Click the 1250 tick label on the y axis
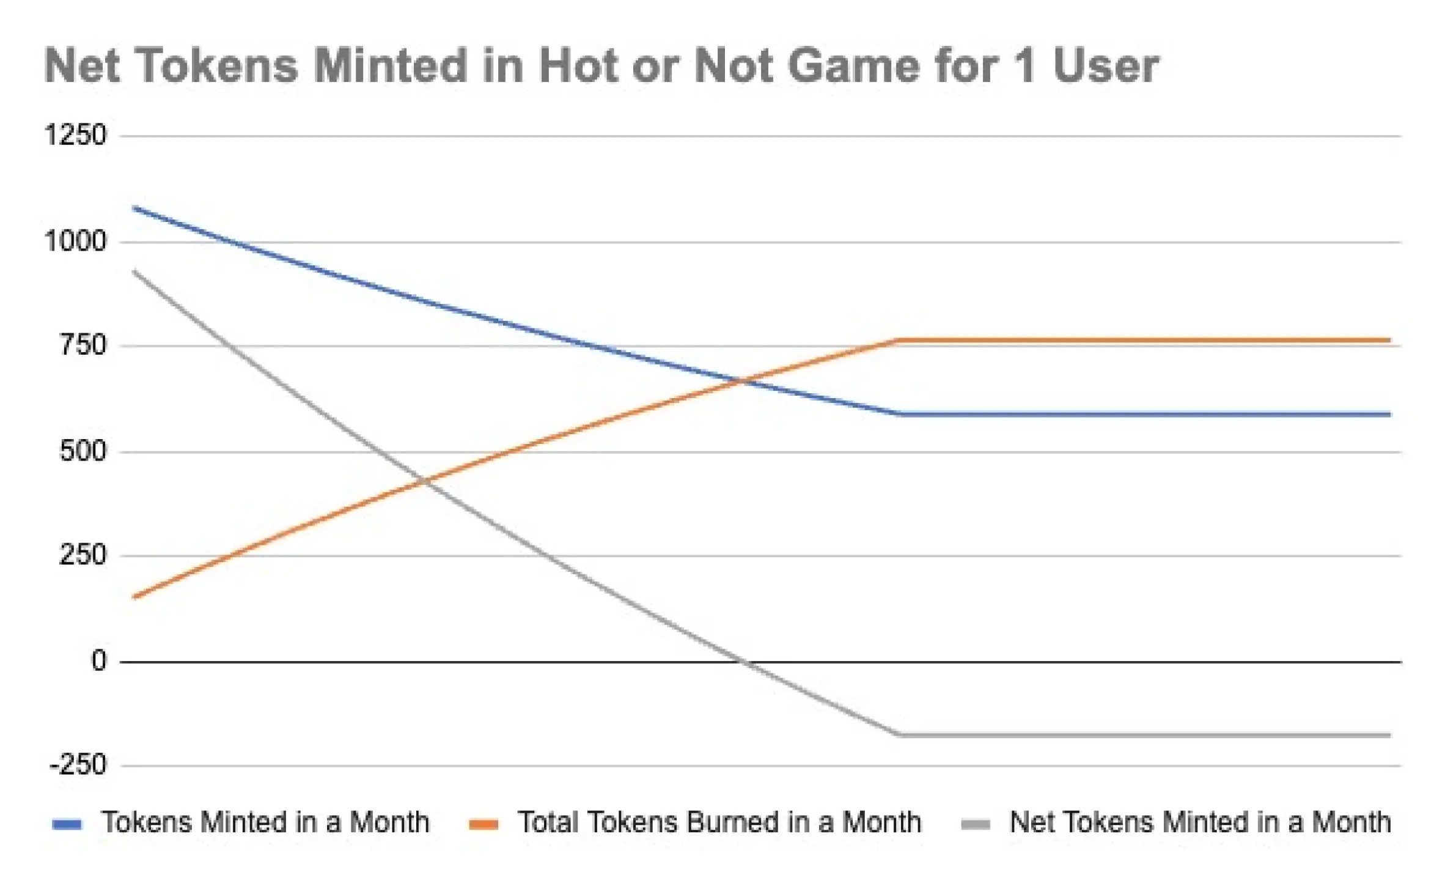[x=76, y=135]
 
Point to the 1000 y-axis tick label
[x=76, y=241]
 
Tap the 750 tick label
[x=83, y=345]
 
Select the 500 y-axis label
[x=83, y=452]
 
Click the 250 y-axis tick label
[x=83, y=556]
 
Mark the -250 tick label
[x=78, y=765]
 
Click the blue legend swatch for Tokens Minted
[x=67, y=824]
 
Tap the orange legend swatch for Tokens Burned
[x=484, y=824]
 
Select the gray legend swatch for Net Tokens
[x=976, y=824]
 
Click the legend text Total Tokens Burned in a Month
[x=719, y=822]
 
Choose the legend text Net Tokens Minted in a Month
[x=1200, y=822]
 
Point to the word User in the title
[x=1106, y=65]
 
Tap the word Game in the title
[x=854, y=65]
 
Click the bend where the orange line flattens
[x=897, y=340]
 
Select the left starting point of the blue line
[x=134, y=208]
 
